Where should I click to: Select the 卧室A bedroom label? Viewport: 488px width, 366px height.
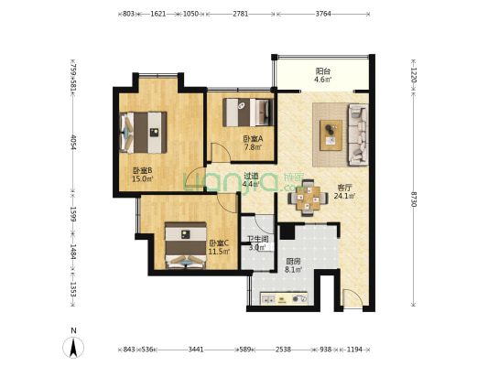click(252, 138)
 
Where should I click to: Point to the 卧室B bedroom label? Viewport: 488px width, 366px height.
click(142, 170)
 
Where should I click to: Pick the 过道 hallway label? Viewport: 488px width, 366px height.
click(251, 177)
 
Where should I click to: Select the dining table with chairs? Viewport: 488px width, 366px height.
click(306, 194)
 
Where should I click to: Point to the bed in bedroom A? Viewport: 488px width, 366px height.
click(249, 112)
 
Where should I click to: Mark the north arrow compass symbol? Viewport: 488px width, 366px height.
click(73, 347)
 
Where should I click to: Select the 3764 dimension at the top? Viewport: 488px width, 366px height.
click(323, 15)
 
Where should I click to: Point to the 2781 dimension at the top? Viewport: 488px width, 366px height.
click(240, 15)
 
